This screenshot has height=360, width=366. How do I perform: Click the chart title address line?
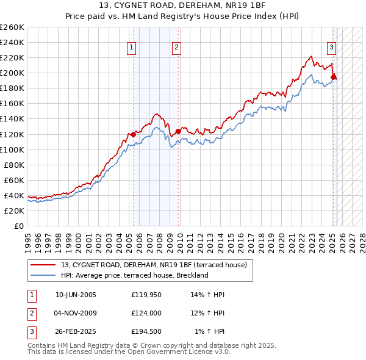(x=182, y=5)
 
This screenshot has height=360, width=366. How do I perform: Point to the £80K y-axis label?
(x=14, y=165)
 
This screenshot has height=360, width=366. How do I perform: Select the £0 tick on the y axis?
(x=20, y=226)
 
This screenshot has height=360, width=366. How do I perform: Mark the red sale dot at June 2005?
(x=133, y=134)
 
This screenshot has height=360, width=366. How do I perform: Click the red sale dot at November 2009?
(x=178, y=131)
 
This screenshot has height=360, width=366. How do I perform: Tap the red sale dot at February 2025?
(x=334, y=77)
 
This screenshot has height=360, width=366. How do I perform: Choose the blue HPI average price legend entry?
(x=134, y=275)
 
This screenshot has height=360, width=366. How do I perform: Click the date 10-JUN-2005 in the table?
(x=76, y=295)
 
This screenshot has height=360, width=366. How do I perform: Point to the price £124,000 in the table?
(x=146, y=314)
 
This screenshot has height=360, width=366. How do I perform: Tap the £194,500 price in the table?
(x=146, y=333)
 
